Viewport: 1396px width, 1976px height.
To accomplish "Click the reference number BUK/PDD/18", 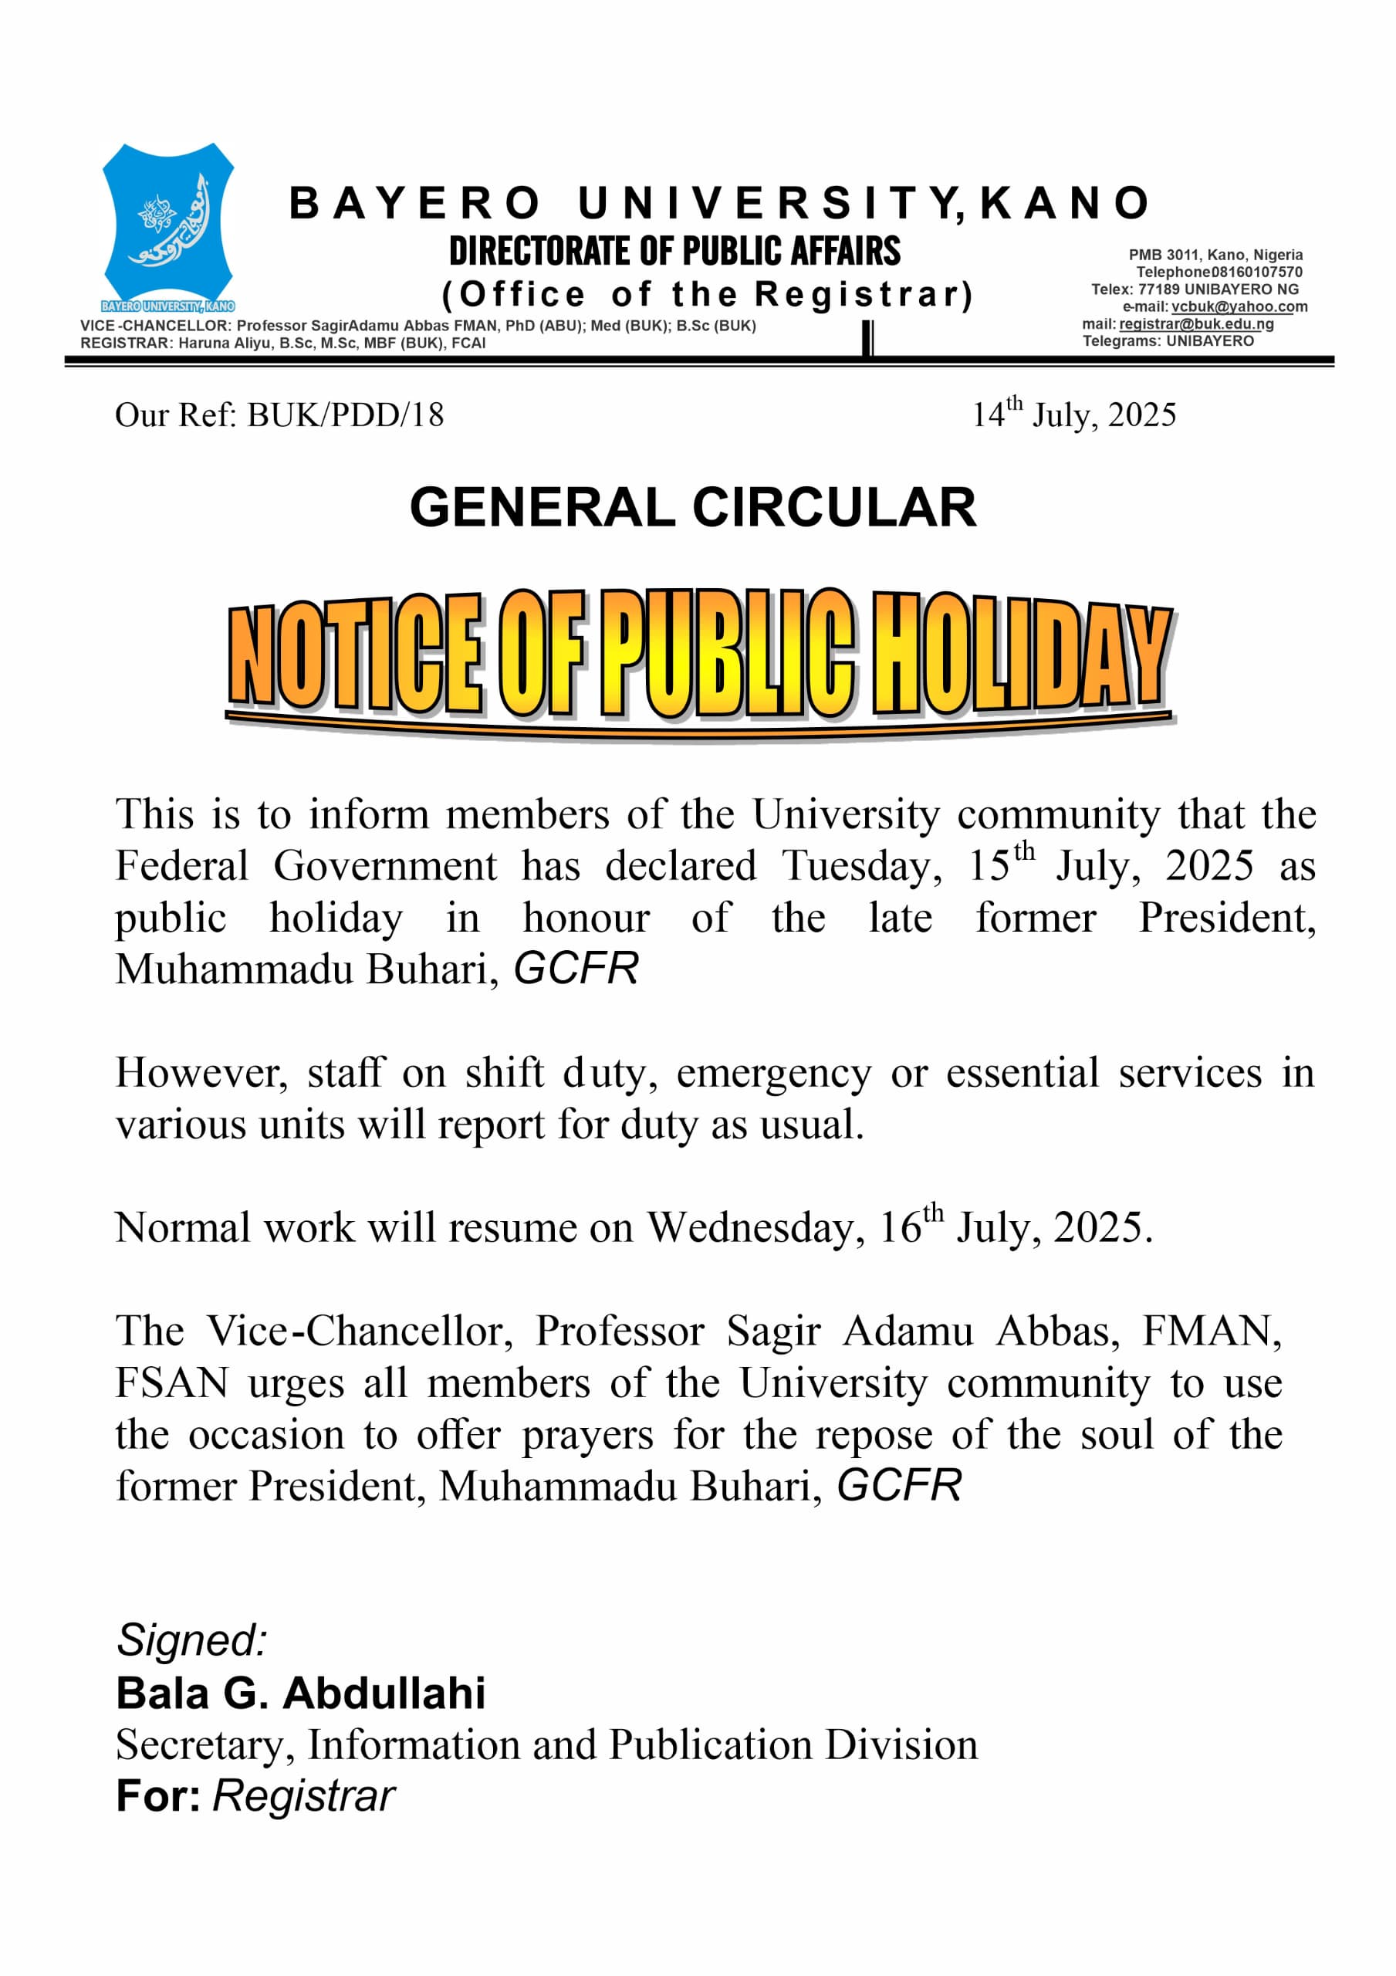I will [345, 414].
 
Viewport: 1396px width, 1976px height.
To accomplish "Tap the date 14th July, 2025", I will [1073, 414].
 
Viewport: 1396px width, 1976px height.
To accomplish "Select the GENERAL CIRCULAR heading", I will [693, 507].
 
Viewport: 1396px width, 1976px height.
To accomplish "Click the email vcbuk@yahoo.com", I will [1239, 306].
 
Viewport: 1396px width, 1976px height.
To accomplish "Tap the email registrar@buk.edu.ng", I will [1195, 323].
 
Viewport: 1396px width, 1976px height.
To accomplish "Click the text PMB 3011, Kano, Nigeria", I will [1215, 255].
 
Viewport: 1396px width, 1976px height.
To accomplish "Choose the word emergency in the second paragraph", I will [773, 1073].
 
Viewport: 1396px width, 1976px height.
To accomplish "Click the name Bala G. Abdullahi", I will [300, 1693].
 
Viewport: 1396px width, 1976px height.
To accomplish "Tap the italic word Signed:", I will [192, 1639].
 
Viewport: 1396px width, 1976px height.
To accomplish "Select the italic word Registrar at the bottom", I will [303, 1795].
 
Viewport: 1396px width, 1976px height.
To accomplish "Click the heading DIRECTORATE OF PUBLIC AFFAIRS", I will [674, 252].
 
